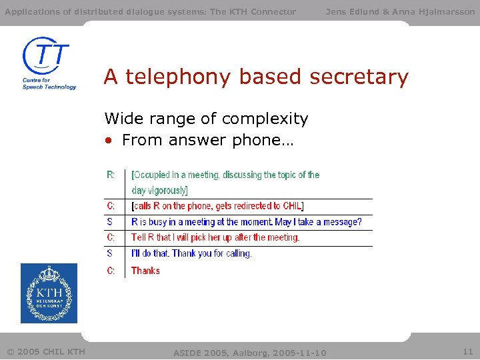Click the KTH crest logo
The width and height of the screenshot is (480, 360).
tap(49, 293)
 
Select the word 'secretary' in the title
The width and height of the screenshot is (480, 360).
tap(361, 77)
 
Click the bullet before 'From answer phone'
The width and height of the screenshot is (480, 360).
tap(108, 141)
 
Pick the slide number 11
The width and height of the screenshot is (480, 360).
tap(467, 351)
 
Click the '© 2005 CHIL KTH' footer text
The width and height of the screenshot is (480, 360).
tap(46, 351)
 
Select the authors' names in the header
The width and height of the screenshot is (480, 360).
tap(400, 11)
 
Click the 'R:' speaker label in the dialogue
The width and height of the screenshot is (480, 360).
tap(111, 175)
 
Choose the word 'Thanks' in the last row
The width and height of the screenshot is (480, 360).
tap(145, 271)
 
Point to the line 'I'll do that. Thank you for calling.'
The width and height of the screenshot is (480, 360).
tap(191, 253)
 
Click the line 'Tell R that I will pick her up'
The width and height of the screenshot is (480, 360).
tap(215, 237)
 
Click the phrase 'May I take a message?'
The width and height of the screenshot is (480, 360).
tap(318, 222)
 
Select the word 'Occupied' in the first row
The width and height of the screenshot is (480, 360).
tap(152, 175)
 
